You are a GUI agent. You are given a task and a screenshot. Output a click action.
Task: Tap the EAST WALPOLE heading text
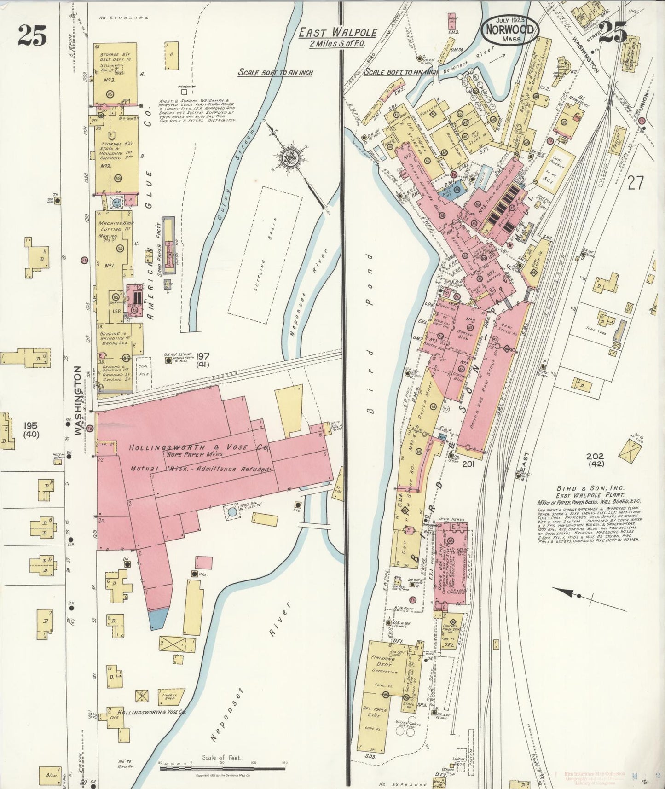(x=338, y=33)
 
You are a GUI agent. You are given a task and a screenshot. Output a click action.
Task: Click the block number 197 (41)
(x=202, y=360)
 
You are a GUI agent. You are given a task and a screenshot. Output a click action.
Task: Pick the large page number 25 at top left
(x=33, y=36)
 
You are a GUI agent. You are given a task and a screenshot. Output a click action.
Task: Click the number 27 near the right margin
(x=635, y=183)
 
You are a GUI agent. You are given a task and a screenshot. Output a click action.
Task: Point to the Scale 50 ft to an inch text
(x=275, y=73)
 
